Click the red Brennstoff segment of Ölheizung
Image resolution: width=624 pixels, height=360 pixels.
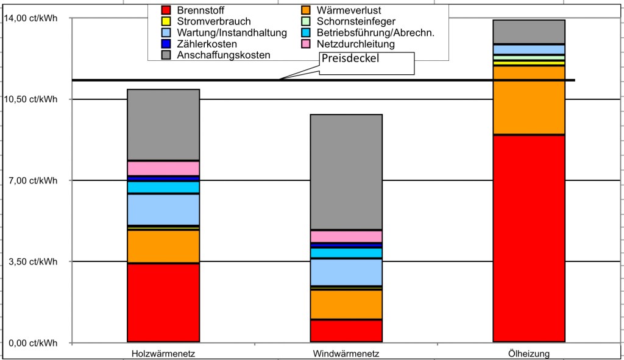[528, 238]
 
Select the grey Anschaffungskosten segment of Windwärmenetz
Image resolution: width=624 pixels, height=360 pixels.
[346, 172]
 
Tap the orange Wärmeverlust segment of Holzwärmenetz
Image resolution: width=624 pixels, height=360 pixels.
[163, 246]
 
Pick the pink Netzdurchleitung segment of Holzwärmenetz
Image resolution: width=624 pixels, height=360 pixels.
[163, 168]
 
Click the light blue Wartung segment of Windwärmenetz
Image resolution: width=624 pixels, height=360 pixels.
[346, 272]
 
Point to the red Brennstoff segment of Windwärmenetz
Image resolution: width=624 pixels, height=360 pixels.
[346, 331]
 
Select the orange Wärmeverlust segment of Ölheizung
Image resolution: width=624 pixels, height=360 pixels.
[528, 100]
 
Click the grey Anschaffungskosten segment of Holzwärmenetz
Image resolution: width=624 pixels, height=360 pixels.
[163, 125]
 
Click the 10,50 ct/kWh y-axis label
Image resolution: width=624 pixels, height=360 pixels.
[30, 100]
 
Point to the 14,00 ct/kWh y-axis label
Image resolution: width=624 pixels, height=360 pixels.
[30, 18]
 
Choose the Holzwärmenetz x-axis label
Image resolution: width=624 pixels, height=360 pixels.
[163, 354]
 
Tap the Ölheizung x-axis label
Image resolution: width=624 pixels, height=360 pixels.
[528, 354]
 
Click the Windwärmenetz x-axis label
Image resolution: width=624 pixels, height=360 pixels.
[346, 354]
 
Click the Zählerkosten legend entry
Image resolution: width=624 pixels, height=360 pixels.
[207, 44]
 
